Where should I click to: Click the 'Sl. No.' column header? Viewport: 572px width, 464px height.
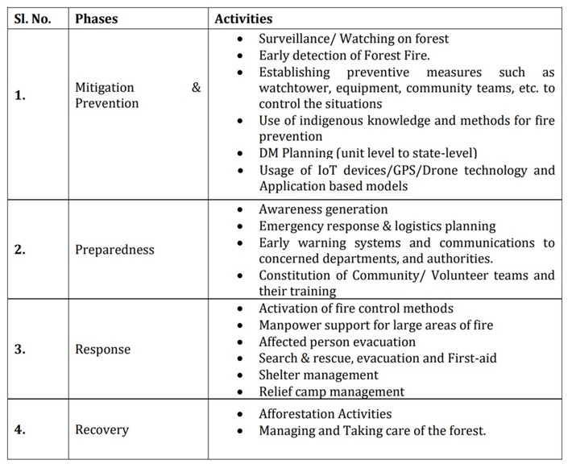coord(35,19)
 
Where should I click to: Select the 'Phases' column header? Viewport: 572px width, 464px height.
coord(97,19)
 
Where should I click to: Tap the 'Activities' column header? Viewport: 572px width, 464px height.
coord(243,19)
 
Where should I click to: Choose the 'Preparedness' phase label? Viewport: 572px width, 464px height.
coord(114,250)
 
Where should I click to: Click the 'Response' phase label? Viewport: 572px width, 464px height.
coord(103,350)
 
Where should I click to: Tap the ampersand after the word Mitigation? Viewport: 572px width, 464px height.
coord(196,88)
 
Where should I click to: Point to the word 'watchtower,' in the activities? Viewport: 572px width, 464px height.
coord(296,88)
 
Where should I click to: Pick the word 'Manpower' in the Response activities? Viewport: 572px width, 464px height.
coord(289,325)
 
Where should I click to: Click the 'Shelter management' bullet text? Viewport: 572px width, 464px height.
coord(318,375)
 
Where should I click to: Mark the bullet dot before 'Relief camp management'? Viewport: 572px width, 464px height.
coord(239,392)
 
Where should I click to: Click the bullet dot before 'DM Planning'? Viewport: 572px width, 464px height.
coord(239,154)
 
